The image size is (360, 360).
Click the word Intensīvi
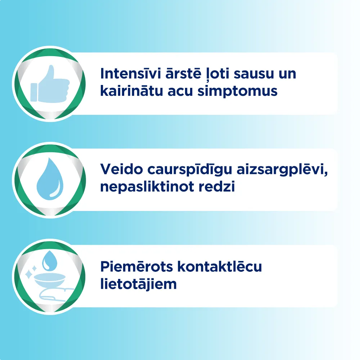point(128,74)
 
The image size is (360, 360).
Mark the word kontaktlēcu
point(220,267)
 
